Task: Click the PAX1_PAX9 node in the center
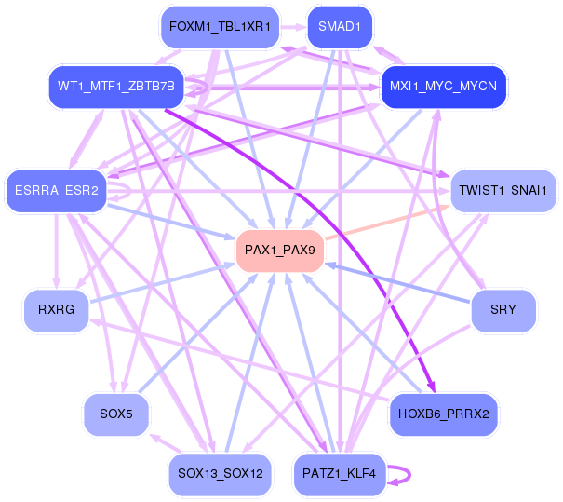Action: click(279, 251)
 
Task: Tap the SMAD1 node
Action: click(339, 27)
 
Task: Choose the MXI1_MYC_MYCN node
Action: click(443, 87)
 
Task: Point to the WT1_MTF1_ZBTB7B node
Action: click(115, 87)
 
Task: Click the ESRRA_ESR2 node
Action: click(57, 191)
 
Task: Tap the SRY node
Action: click(503, 310)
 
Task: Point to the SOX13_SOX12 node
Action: click(220, 474)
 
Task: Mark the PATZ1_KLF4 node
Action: click(339, 474)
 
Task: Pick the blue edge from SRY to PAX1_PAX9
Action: click(400, 284)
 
